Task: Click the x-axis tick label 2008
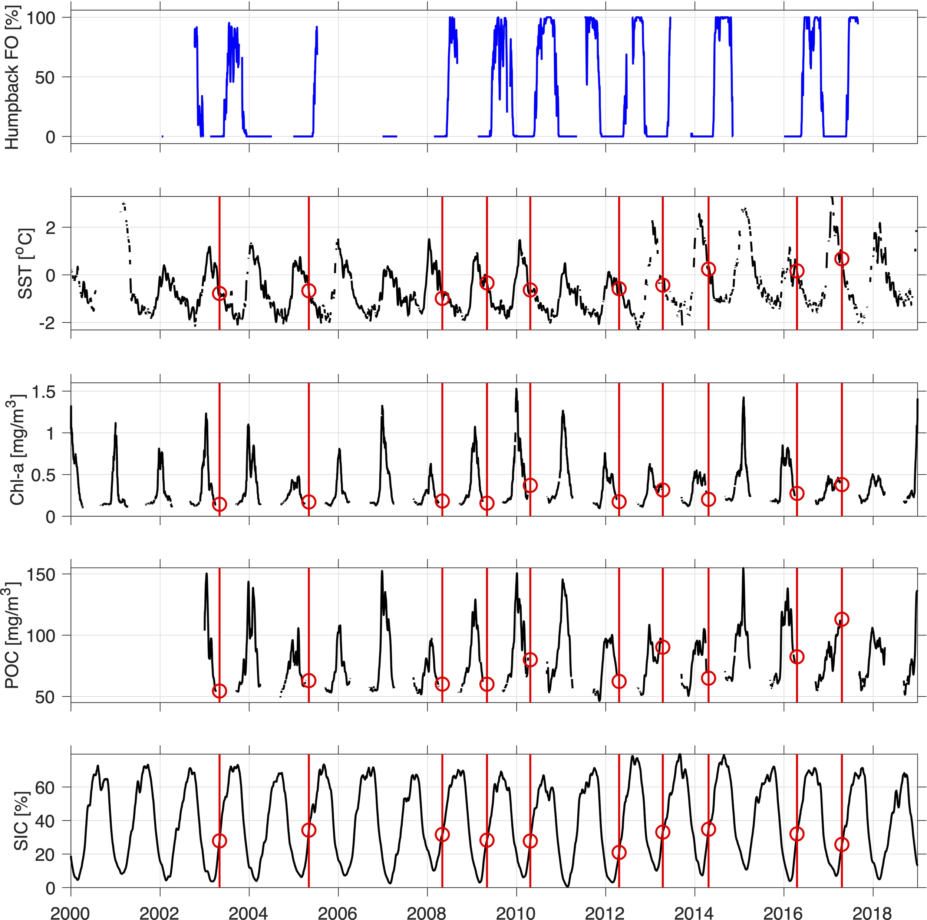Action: pyautogui.click(x=427, y=910)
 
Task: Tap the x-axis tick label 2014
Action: pyautogui.click(x=694, y=910)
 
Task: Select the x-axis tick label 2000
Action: pyautogui.click(x=71, y=910)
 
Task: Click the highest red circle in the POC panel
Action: pyautogui.click(x=842, y=620)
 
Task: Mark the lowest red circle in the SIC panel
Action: pyautogui.click(x=619, y=852)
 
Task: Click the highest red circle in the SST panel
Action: pyautogui.click(x=842, y=259)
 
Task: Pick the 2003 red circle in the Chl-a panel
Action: pyautogui.click(x=219, y=504)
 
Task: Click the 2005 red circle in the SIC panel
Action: pyautogui.click(x=309, y=830)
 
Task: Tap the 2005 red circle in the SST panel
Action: pyautogui.click(x=309, y=291)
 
